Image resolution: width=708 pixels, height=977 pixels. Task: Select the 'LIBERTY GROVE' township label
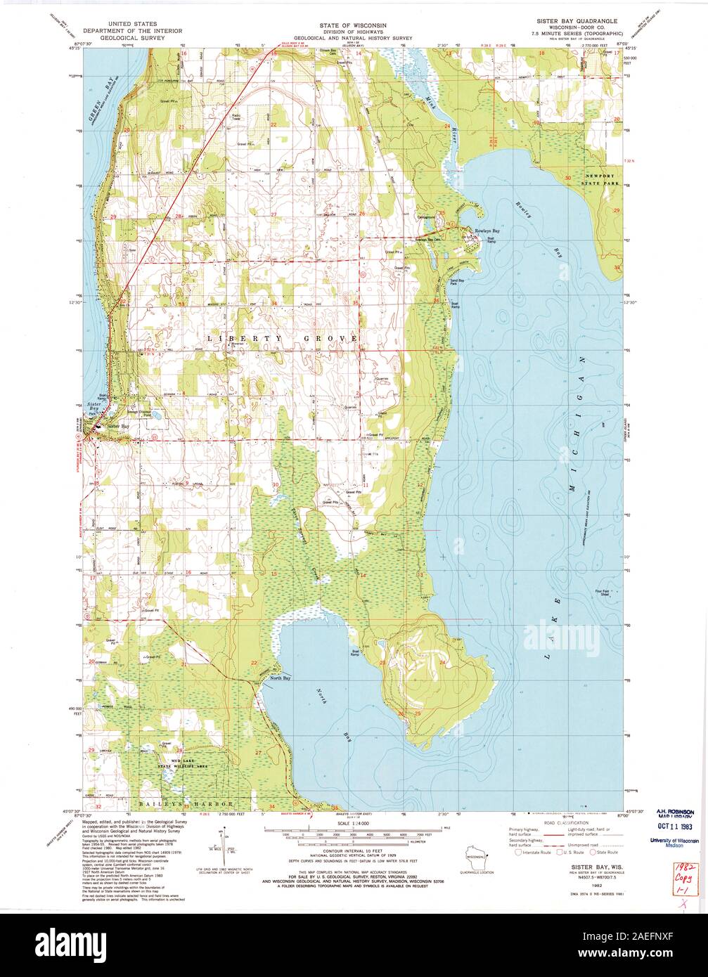[282, 339]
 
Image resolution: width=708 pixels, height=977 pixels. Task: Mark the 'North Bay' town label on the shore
[280, 678]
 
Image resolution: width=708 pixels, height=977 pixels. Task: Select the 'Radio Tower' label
[236, 117]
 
